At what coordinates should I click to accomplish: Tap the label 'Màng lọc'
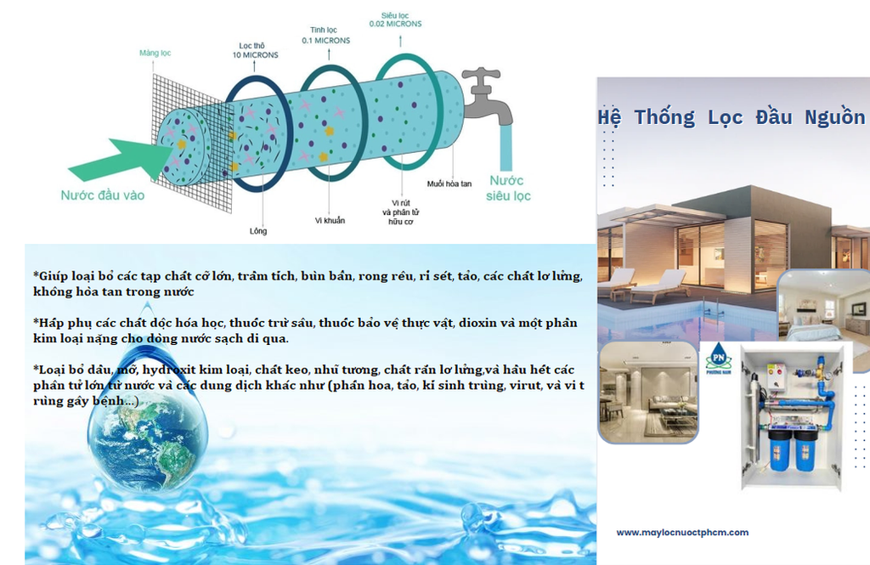coord(155,54)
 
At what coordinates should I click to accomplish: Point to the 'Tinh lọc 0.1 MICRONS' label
coord(330,35)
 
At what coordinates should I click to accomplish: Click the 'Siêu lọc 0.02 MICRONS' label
coord(395,19)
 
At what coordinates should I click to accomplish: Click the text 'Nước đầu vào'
coord(103,195)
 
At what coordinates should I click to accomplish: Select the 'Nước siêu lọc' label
coord(508,188)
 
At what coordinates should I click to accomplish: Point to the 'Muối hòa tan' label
coord(449,183)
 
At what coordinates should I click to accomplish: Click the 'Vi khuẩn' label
coord(330,221)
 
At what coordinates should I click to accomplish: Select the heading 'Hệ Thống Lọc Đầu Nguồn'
coord(732,117)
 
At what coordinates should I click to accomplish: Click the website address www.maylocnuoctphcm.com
coord(682,533)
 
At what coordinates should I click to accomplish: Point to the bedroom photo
coord(822,304)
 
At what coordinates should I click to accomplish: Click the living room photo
coord(648,393)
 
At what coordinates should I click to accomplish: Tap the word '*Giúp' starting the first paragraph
coord(51,276)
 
